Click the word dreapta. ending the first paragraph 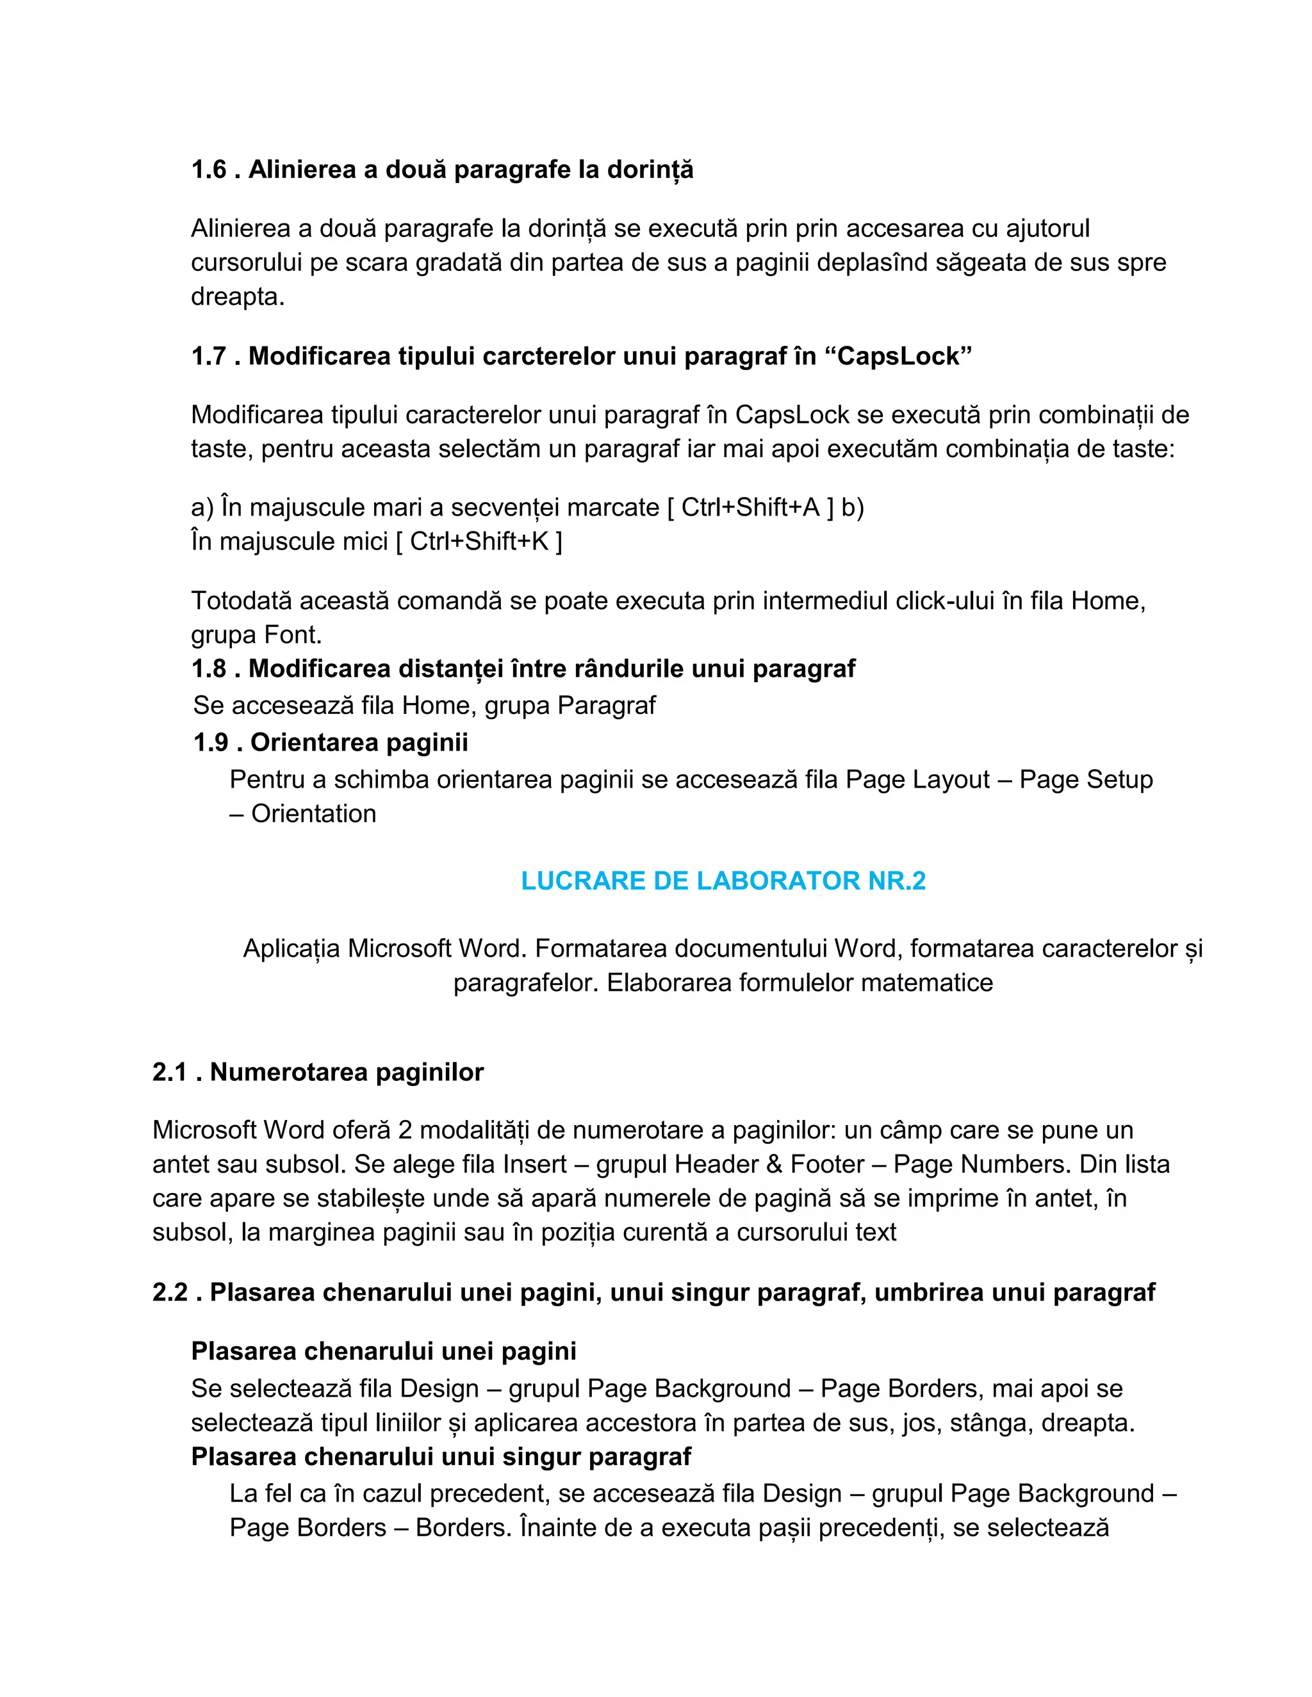tap(238, 297)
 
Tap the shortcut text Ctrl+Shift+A tap(750, 507)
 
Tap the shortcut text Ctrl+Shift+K tap(479, 542)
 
